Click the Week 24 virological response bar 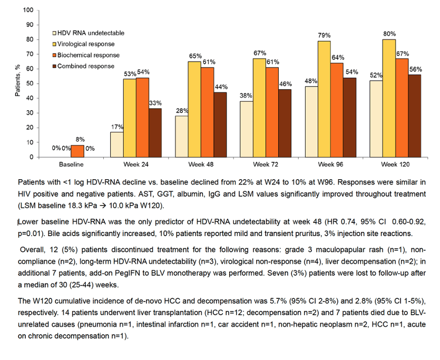point(130,118)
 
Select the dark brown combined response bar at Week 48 point(220,124)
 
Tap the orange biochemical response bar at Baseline point(77,151)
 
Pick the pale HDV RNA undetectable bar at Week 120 point(376,119)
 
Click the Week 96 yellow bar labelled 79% point(324,99)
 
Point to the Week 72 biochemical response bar point(272,112)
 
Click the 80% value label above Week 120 point(389,34)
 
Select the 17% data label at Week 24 point(117,127)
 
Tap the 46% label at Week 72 point(286,84)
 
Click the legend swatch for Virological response point(55,44)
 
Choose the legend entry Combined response point(84,66)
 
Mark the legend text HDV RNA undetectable point(91,33)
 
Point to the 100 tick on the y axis point(28,11)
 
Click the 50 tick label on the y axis point(30,84)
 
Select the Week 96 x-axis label point(330,164)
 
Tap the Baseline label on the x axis point(71,164)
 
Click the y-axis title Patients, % point(18,80)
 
